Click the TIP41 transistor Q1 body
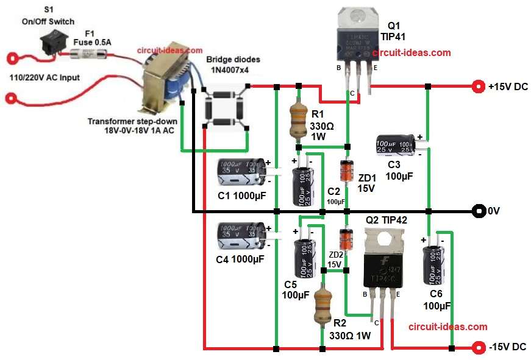(355, 38)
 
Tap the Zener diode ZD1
(347, 171)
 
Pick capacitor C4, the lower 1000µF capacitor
(240, 236)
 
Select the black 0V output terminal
(477, 211)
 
